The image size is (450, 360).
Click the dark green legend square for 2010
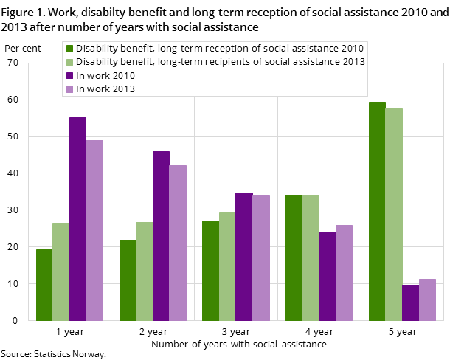[69, 49]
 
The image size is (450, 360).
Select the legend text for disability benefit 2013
[220, 62]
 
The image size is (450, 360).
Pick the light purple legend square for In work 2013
[69, 89]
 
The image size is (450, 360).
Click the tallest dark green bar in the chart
[377, 211]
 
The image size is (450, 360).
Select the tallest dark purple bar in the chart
[77, 218]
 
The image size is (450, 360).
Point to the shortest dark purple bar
[410, 302]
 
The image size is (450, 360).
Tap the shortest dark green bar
[44, 285]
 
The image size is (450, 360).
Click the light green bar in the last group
[394, 214]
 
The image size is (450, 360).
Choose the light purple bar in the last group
[427, 300]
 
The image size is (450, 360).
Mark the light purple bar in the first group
[94, 230]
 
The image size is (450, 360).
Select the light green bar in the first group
[60, 271]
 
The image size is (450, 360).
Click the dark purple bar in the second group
[161, 235]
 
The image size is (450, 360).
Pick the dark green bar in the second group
[128, 280]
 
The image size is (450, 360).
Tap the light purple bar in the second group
[178, 243]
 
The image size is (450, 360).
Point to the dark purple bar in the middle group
[243, 256]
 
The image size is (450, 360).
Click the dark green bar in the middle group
[210, 270]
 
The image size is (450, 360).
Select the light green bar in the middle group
[227, 266]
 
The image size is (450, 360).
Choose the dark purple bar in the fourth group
[327, 276]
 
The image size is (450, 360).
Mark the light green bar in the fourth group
[311, 257]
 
